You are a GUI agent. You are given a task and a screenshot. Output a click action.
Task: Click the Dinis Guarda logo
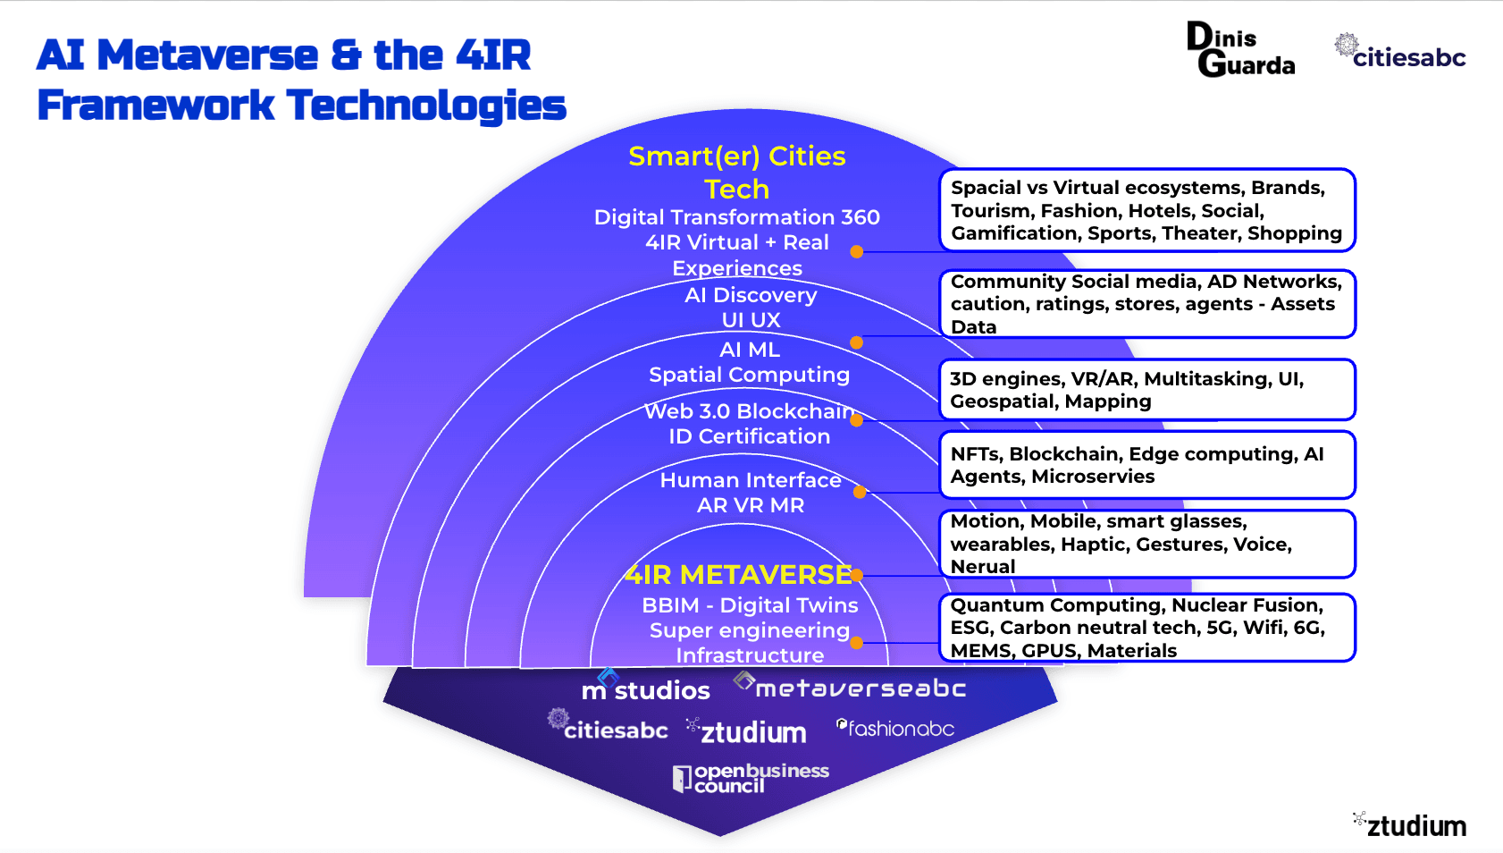[1240, 49]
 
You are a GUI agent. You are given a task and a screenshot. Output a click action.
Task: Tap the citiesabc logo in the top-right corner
[1400, 52]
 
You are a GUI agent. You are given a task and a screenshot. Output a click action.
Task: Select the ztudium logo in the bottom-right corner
[1410, 824]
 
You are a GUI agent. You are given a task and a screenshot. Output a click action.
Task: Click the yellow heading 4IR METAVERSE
[738, 574]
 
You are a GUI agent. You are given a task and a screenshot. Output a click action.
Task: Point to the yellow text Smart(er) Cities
[737, 156]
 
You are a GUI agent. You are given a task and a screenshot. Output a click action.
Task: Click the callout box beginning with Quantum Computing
[1147, 628]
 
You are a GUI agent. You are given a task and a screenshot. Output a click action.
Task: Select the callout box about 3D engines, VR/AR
[1147, 390]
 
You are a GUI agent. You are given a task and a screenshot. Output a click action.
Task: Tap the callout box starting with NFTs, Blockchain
[1147, 465]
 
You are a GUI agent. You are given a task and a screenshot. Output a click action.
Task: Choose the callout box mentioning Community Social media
[1147, 304]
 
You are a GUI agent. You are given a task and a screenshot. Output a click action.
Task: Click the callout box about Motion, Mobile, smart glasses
[1147, 544]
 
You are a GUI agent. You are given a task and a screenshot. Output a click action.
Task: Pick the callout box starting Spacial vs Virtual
[1147, 210]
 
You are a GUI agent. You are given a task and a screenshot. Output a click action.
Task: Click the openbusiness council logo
[751, 778]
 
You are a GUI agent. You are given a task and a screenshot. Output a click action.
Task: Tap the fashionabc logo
[895, 728]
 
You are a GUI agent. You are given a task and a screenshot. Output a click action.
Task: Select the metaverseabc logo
[850, 686]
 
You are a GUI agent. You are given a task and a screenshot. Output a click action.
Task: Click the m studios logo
[645, 687]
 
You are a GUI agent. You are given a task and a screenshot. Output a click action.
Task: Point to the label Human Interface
[751, 480]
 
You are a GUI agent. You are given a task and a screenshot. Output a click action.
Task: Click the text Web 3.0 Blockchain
[750, 411]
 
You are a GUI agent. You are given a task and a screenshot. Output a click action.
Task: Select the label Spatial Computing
[750, 375]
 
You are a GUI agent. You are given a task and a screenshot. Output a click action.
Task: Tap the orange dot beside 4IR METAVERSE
[857, 575]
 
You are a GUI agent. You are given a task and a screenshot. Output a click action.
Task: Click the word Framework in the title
[156, 106]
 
